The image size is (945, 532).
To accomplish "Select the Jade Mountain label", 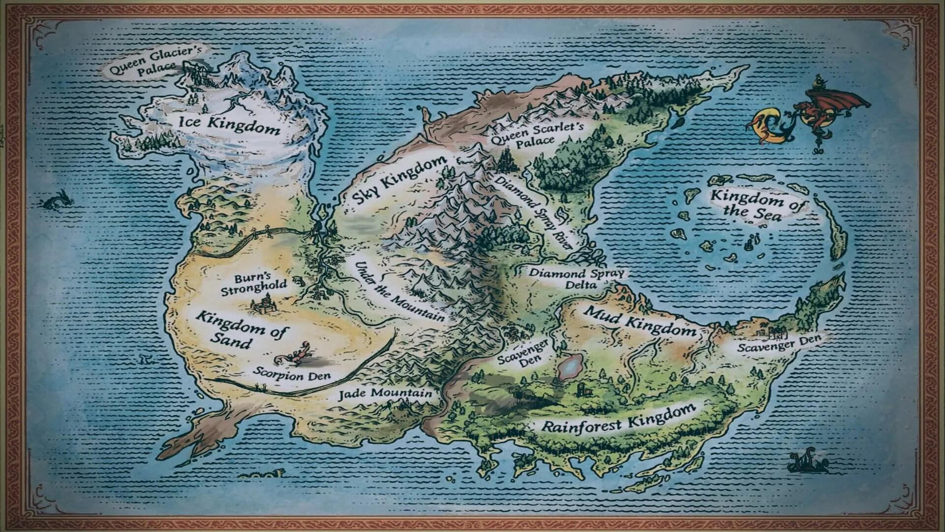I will pyautogui.click(x=385, y=394).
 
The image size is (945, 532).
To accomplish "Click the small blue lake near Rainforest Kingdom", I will pyautogui.click(x=570, y=367).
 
